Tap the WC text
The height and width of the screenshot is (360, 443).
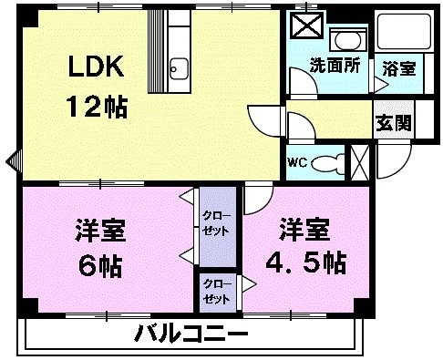click(298, 163)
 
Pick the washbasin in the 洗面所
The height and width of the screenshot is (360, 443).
click(346, 40)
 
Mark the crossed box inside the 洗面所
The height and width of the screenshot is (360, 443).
click(304, 30)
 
